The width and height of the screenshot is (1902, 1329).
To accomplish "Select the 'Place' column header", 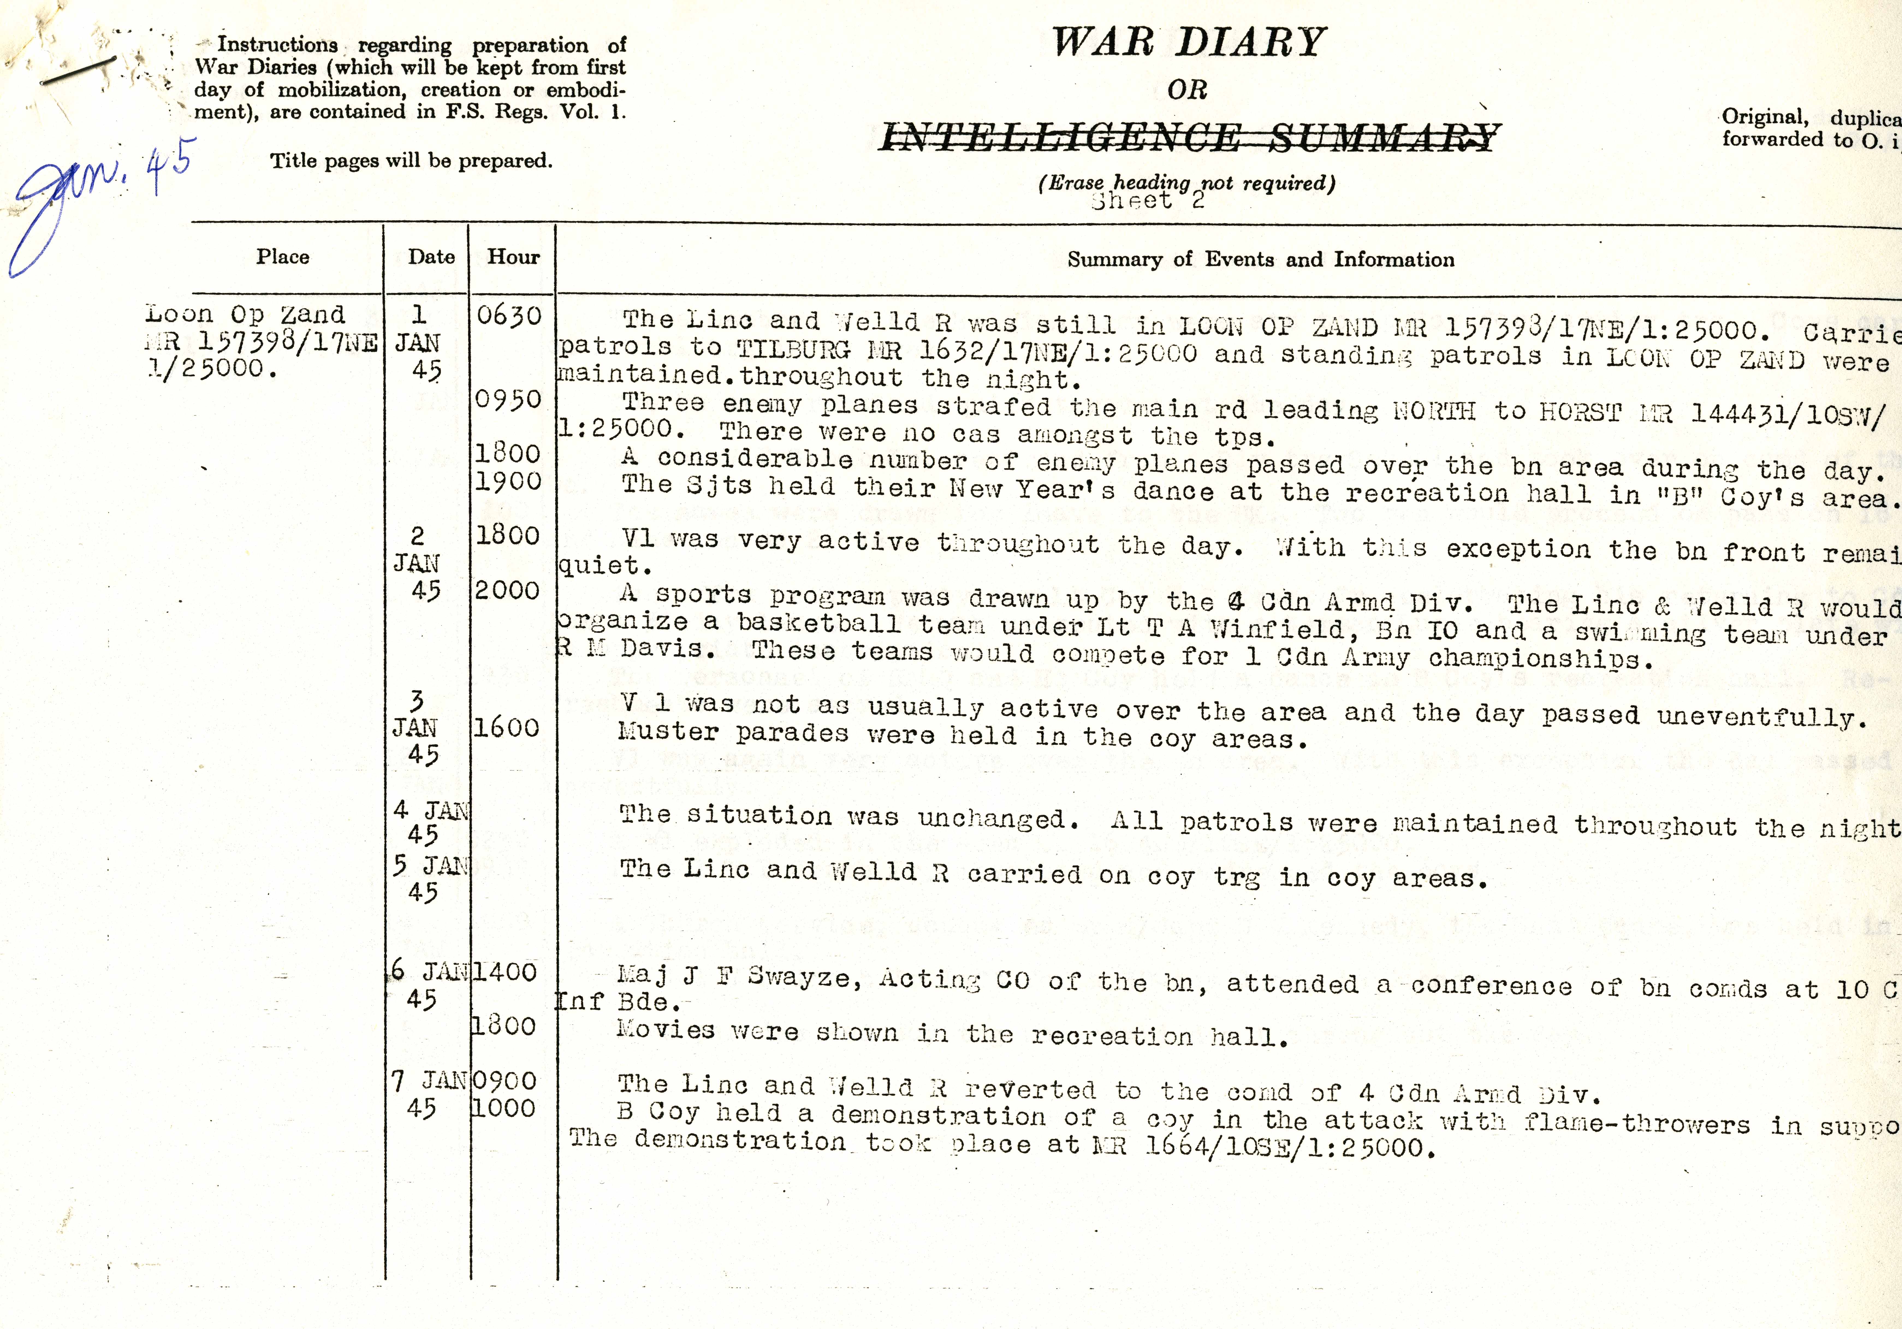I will pyautogui.click(x=283, y=257).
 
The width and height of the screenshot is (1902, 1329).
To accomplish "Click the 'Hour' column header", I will pyautogui.click(x=513, y=257).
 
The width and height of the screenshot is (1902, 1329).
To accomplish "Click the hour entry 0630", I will pyautogui.click(x=509, y=316).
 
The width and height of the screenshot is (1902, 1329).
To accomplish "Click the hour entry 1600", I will pyautogui.click(x=506, y=728).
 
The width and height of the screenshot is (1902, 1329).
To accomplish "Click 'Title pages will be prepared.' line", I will pyautogui.click(x=411, y=161).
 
